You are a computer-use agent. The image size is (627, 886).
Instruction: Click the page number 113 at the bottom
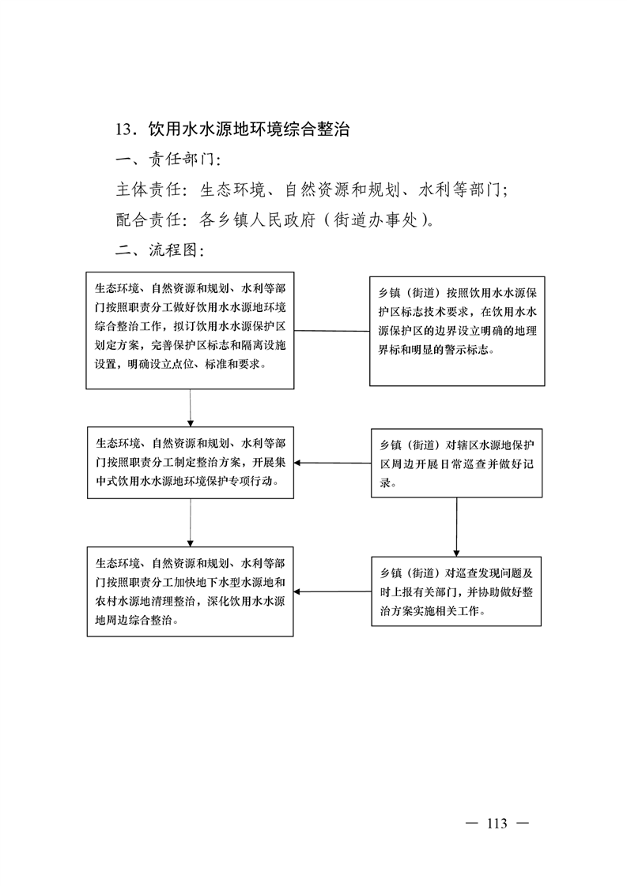click(x=497, y=824)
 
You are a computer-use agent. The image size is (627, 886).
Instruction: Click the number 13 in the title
click(x=123, y=130)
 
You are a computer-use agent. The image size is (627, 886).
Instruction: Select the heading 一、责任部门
click(x=168, y=160)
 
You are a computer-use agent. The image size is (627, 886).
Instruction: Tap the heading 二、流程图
click(x=160, y=250)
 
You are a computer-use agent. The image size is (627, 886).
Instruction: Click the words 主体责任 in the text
click(x=149, y=190)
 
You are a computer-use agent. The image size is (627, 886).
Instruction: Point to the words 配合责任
click(x=149, y=220)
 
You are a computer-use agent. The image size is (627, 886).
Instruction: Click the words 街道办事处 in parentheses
click(x=376, y=220)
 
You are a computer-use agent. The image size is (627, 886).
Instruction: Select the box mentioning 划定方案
click(x=190, y=331)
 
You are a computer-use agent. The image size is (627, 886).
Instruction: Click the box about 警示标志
click(x=457, y=331)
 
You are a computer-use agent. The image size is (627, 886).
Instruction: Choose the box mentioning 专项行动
click(x=190, y=463)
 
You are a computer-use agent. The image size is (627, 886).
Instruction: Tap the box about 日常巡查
click(x=457, y=464)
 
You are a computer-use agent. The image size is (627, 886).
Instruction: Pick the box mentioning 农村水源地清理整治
click(x=190, y=591)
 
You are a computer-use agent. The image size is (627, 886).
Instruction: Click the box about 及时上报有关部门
click(x=456, y=591)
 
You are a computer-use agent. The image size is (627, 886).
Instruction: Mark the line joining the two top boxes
click(x=332, y=331)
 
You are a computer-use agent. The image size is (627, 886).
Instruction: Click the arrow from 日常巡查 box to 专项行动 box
click(x=332, y=463)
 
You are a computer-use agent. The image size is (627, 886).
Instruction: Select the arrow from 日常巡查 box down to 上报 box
click(x=457, y=527)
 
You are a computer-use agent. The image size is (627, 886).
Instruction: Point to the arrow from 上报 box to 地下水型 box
click(x=332, y=591)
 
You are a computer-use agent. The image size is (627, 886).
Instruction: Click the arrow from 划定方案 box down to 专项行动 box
click(x=190, y=408)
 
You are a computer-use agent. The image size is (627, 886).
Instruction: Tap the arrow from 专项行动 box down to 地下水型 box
click(x=190, y=523)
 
